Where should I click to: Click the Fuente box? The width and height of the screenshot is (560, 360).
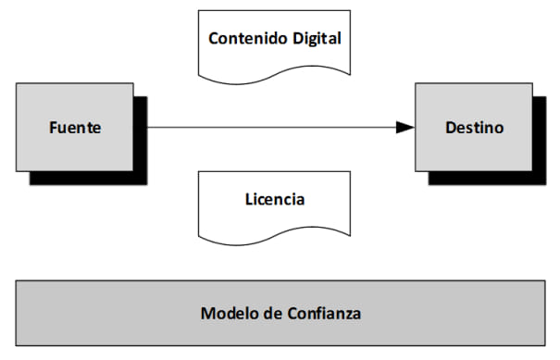click(x=75, y=127)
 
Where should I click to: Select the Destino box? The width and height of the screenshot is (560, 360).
click(x=473, y=127)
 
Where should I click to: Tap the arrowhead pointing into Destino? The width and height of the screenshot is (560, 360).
click(x=404, y=128)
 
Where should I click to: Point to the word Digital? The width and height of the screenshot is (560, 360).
click(x=315, y=39)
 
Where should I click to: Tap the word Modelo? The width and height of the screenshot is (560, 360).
click(x=226, y=313)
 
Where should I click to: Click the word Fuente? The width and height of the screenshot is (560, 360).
click(x=75, y=128)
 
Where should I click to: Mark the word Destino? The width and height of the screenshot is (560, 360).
click(x=473, y=128)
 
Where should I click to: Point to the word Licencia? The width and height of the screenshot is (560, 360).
click(x=275, y=198)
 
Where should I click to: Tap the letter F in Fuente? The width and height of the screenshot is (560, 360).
click(x=53, y=128)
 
